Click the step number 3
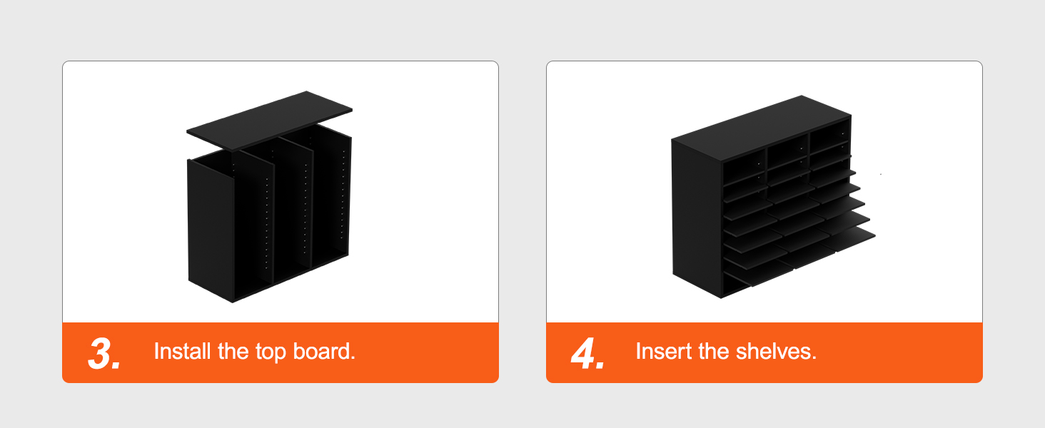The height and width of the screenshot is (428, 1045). (104, 354)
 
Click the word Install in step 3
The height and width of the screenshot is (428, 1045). (183, 351)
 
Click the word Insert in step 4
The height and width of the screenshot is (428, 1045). (664, 351)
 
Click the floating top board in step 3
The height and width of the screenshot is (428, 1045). (270, 121)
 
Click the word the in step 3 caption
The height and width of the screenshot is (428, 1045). (233, 351)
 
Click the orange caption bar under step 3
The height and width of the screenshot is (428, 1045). (281, 352)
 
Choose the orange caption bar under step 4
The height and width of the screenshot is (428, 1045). (764, 352)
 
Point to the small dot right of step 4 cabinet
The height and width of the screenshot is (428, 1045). (881, 174)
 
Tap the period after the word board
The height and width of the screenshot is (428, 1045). (353, 359)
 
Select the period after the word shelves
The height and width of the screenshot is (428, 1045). (814, 359)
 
